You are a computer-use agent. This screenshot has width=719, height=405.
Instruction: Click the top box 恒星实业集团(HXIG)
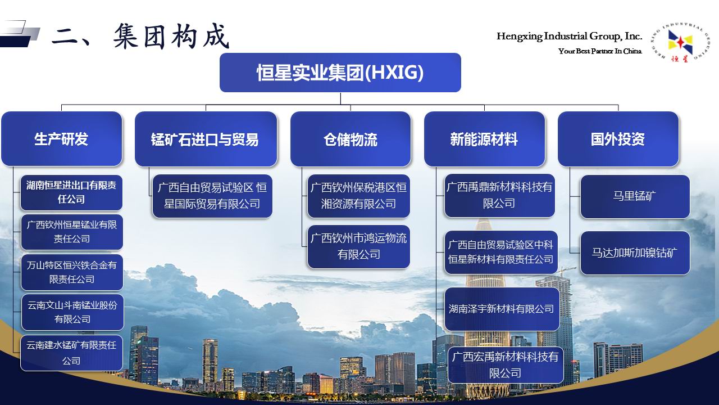[x=340, y=73]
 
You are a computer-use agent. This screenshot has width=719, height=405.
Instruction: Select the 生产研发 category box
[x=62, y=139]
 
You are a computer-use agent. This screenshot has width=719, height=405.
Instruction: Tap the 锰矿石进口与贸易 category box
[x=206, y=139]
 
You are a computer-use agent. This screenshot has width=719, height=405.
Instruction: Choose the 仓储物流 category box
[x=351, y=139]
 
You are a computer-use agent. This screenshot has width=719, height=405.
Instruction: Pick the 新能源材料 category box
[x=484, y=139]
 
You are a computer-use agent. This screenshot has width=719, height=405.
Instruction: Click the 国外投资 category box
[x=618, y=139]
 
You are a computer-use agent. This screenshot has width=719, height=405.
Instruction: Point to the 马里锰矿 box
[x=635, y=196]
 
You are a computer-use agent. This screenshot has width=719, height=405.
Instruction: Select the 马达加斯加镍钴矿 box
[x=635, y=253]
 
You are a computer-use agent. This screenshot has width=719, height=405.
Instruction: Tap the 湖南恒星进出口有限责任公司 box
[x=71, y=192]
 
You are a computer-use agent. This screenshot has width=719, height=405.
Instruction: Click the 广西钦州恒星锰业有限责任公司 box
[x=72, y=232]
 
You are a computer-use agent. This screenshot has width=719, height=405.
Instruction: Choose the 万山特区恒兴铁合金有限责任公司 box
[x=72, y=272]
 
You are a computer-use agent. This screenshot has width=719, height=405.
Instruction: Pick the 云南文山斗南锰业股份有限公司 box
[x=72, y=312]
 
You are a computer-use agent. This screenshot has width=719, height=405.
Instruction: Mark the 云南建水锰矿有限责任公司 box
[x=71, y=353]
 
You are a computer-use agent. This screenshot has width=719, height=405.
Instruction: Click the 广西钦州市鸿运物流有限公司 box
[x=358, y=246]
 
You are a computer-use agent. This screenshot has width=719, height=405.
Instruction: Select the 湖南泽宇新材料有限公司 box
[x=502, y=309]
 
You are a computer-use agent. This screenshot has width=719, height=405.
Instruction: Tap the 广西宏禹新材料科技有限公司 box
[x=506, y=365]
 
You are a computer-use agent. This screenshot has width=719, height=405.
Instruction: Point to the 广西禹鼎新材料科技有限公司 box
[x=499, y=195]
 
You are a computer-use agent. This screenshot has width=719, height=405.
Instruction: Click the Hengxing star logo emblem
[x=680, y=42]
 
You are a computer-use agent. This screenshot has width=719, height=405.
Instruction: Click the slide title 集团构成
[x=171, y=36]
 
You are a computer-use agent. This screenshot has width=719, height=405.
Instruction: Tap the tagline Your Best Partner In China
[x=600, y=51]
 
